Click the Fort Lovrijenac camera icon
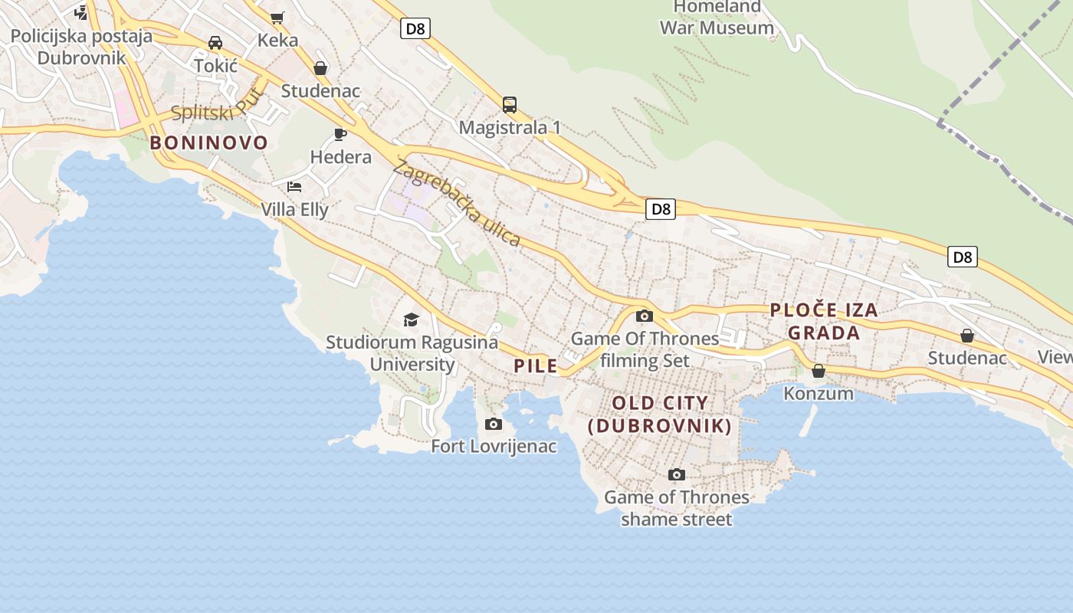point(494,424)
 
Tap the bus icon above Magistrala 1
point(509,105)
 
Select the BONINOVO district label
point(208,143)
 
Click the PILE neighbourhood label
point(536,366)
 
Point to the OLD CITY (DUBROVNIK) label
point(660,415)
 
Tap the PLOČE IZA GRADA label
point(824,321)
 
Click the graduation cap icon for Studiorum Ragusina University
point(412,320)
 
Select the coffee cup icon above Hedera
point(340,135)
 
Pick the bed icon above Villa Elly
point(294,186)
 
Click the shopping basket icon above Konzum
point(819,371)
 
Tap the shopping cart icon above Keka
point(277,18)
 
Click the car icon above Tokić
point(215,43)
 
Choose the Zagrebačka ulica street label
point(458,203)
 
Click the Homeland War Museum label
point(717,18)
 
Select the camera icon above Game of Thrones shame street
point(676,474)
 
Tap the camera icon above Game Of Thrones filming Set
point(644,316)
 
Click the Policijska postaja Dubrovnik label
point(81,46)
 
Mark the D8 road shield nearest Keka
point(415,29)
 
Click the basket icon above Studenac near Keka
point(320,69)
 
